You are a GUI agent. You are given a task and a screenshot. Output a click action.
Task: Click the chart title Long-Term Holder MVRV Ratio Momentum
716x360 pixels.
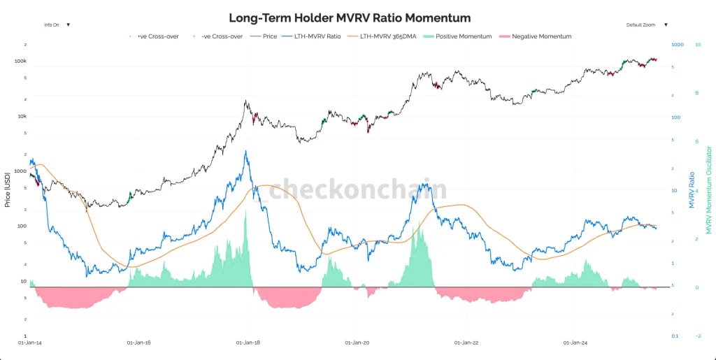[350, 18]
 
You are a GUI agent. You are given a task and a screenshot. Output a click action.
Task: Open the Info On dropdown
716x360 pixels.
[57, 24]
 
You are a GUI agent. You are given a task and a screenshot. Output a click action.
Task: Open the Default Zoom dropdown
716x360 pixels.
[646, 24]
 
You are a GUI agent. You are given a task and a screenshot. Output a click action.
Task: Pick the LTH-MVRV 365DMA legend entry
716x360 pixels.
[383, 36]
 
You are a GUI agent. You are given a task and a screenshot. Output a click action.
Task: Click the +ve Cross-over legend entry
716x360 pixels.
[151, 36]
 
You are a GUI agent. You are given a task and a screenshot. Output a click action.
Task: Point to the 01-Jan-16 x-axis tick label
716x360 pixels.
[139, 343]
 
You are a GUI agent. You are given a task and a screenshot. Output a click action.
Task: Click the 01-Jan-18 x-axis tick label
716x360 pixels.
[248, 343]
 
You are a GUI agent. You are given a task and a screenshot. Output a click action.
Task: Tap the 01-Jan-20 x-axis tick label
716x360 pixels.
[357, 343]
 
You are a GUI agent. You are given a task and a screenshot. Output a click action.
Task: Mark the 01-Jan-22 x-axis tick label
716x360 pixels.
[466, 343]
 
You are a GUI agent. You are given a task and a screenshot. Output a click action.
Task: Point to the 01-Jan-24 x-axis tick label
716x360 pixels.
[575, 343]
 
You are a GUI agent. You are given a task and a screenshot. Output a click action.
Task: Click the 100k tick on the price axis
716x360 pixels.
[20, 62]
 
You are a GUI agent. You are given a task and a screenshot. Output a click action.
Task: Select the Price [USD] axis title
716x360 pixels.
[8, 189]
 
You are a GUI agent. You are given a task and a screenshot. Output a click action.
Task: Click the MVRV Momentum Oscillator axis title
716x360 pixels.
[708, 189]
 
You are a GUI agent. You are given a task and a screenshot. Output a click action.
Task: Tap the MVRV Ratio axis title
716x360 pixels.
[692, 189]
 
